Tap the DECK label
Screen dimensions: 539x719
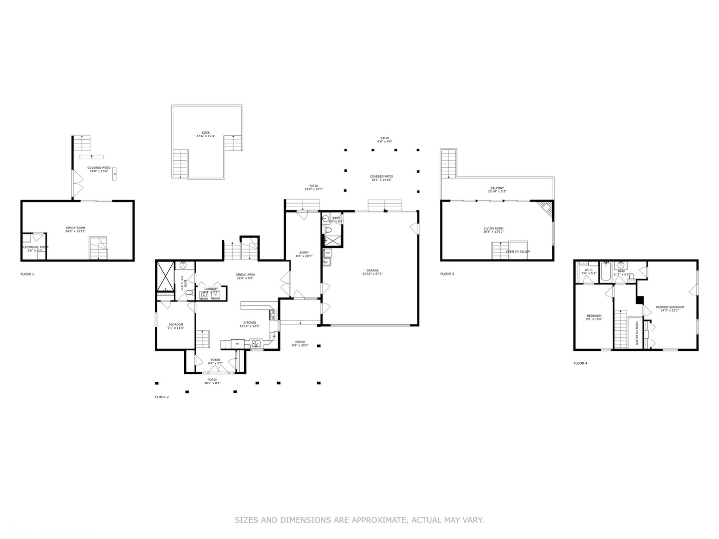click(206, 133)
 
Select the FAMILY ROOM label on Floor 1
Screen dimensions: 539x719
click(75, 228)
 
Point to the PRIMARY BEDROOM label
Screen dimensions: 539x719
click(670, 307)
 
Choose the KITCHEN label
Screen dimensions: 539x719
click(250, 323)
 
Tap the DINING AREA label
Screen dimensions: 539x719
click(245, 274)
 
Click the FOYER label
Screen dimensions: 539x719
click(215, 360)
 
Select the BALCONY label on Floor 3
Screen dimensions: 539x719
click(497, 189)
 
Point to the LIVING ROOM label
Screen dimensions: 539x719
click(493, 229)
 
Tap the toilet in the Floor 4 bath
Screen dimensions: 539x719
click(631, 276)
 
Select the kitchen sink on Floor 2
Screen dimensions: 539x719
click(256, 343)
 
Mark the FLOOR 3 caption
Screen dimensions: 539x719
click(447, 274)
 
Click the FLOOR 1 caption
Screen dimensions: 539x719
click(27, 274)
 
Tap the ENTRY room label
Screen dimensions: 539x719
click(304, 253)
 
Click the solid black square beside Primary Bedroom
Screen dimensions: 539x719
click(639, 300)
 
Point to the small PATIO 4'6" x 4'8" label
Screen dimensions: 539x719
click(384, 138)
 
